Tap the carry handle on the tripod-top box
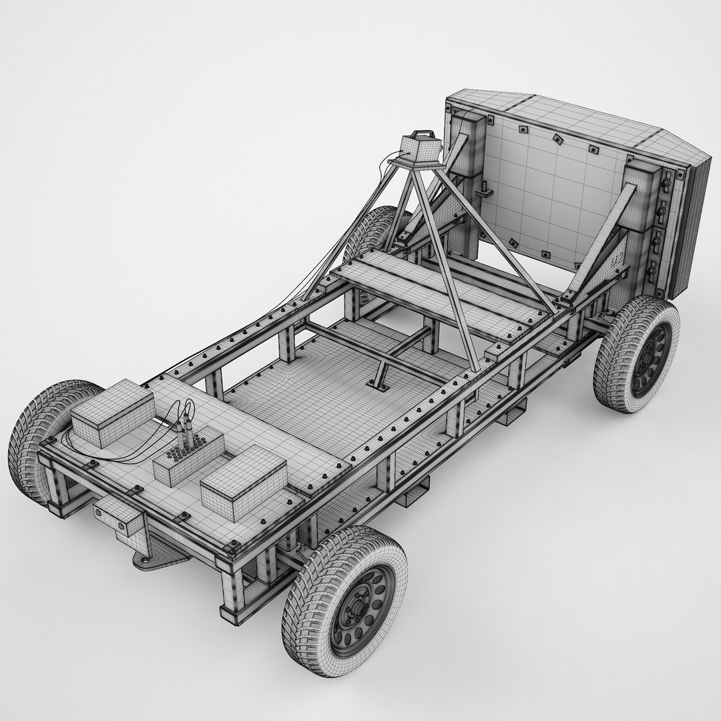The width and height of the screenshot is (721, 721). tap(421, 135)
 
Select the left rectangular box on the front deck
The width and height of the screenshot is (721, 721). tap(111, 413)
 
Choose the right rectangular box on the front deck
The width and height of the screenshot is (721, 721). tap(243, 482)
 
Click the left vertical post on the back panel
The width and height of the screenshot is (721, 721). tap(467, 187)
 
